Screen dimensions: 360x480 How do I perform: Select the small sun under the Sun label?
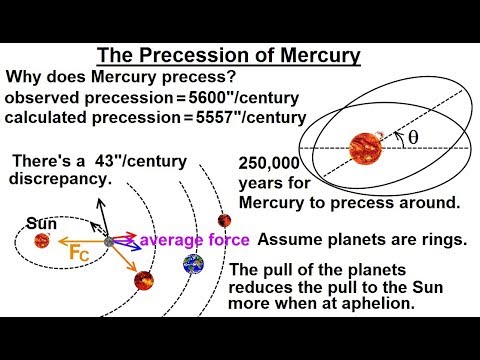click(41, 240)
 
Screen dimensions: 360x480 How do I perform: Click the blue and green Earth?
click(193, 265)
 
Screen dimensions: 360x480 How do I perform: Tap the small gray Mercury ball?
click(109, 241)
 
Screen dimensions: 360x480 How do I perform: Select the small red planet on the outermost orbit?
click(226, 220)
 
